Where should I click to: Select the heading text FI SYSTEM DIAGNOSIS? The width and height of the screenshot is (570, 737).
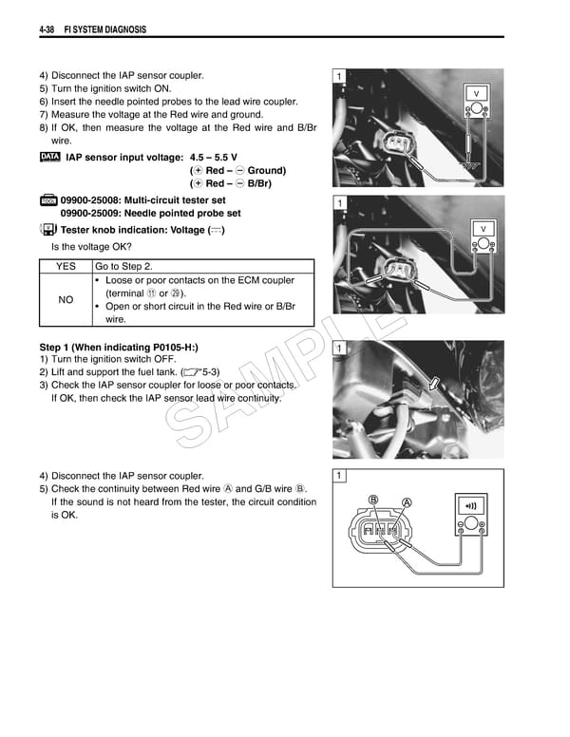pos(104,29)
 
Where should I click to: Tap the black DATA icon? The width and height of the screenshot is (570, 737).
pos(51,156)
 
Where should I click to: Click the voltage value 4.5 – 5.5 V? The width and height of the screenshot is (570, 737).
pos(214,157)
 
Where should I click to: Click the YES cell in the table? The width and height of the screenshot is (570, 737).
pos(66,267)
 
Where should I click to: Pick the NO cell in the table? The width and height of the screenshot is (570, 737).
pos(66,300)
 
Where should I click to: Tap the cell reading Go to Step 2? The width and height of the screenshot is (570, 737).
pos(123,267)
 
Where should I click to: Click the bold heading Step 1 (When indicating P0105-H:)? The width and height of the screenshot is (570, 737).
pos(118,348)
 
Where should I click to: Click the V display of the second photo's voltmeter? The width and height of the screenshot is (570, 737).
pos(483,230)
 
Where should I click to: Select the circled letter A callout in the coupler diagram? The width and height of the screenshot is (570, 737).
pos(407,502)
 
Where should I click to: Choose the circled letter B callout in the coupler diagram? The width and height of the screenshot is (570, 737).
pos(374,499)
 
